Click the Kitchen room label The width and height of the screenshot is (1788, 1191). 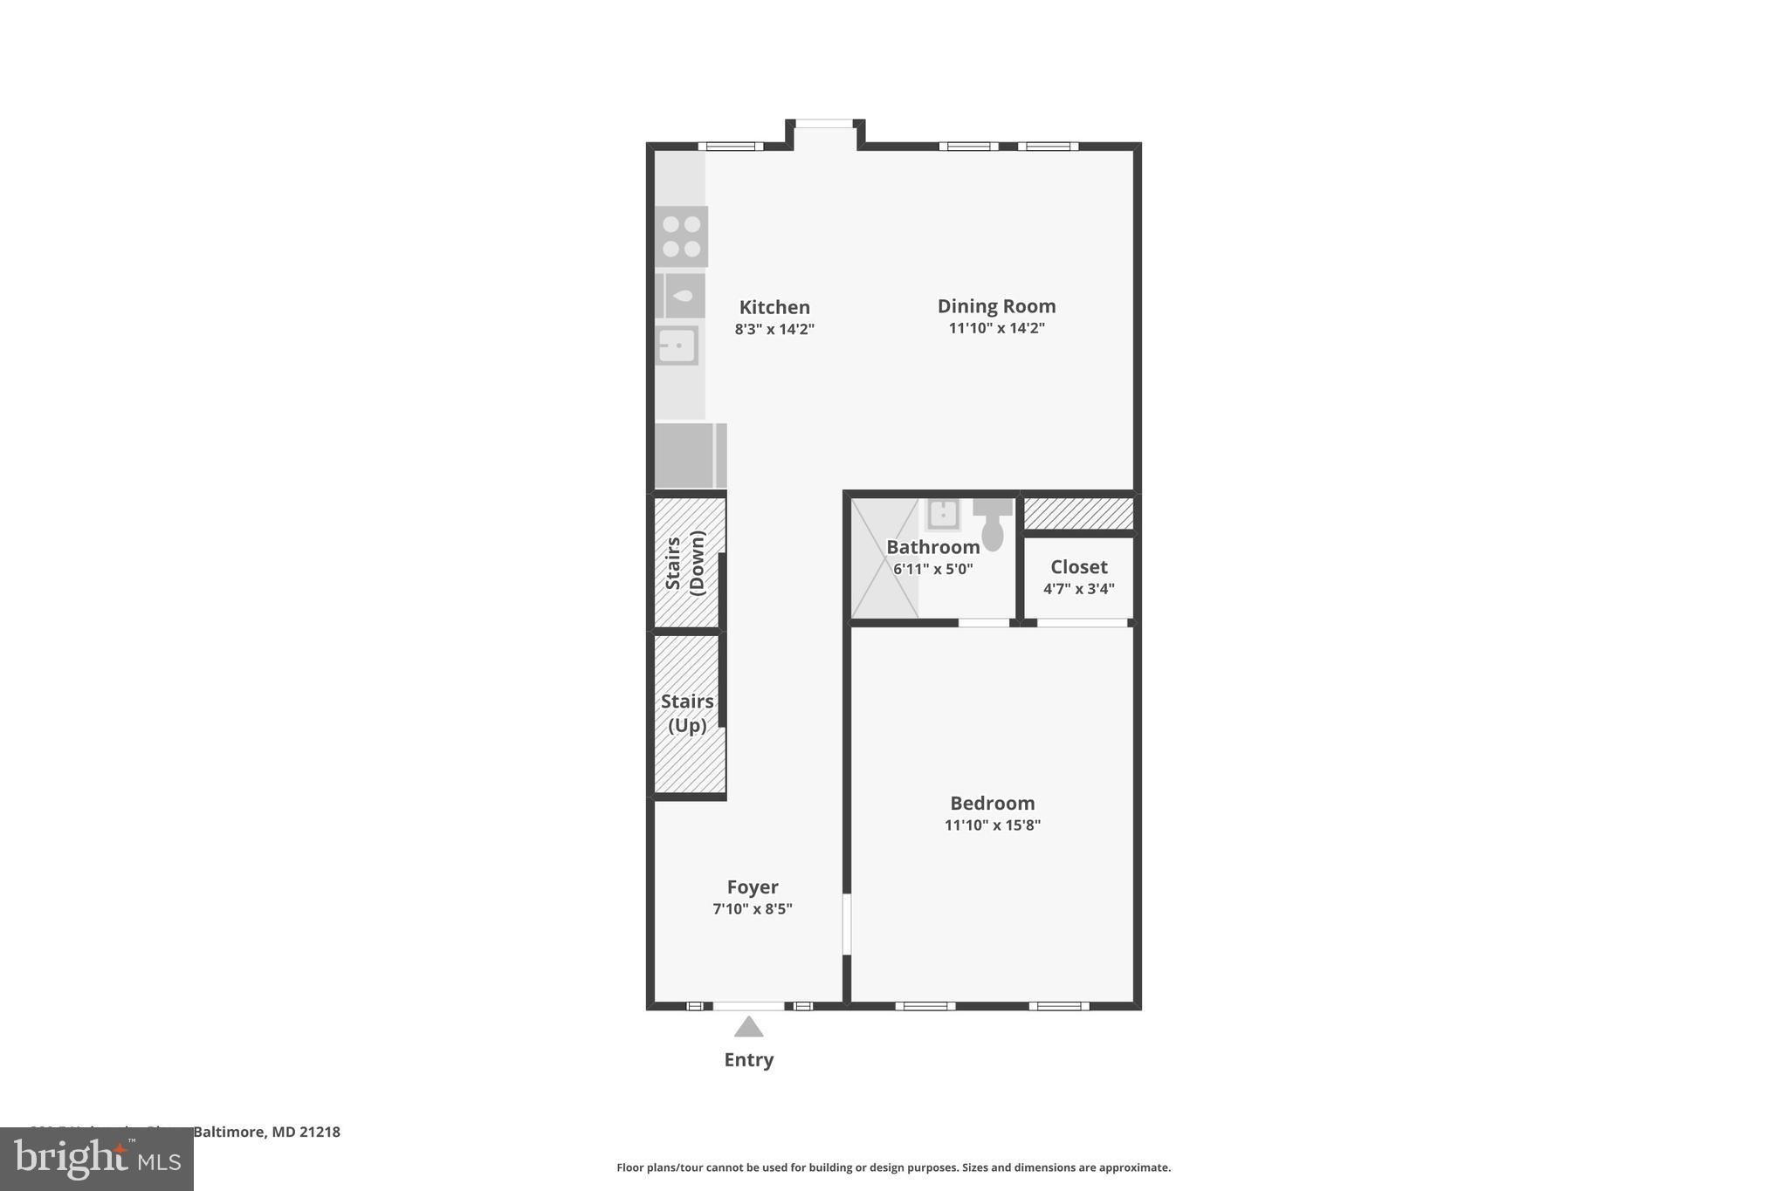point(774,307)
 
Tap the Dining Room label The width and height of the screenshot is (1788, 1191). point(996,306)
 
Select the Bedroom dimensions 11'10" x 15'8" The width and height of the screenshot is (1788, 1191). point(992,825)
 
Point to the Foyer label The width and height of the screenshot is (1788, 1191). point(752,887)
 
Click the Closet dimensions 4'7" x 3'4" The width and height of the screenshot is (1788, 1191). point(1078,589)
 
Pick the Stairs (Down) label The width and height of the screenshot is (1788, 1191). point(685,563)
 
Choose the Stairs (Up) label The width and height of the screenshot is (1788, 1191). point(687,713)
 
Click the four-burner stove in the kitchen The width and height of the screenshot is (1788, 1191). point(681,236)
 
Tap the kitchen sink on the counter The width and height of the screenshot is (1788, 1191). point(677,346)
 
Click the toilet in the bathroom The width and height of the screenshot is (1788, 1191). point(993,526)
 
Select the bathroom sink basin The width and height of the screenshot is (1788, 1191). point(943,515)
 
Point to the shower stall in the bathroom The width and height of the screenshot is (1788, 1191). point(884,558)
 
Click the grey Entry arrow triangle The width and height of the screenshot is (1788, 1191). point(748,1027)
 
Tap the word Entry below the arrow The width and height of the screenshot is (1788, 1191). point(748,1060)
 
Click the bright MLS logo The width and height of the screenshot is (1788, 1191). point(97,1159)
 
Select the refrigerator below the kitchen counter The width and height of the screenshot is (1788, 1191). point(690,455)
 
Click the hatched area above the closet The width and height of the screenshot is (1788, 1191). point(1078,514)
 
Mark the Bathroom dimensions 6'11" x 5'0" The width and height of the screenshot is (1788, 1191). point(932,569)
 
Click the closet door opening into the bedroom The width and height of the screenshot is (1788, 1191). point(1082,623)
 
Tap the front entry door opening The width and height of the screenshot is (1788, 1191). point(748,1006)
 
